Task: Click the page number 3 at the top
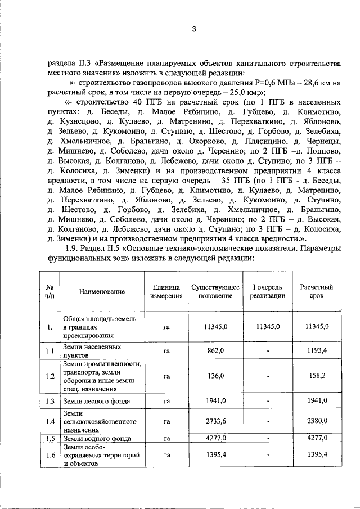pos(193,29)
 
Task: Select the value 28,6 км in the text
pos(316,83)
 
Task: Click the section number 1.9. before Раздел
pos(75,248)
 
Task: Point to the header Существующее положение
pos(215,291)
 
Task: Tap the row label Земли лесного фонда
pos(96,401)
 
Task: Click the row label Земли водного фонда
pos(97,438)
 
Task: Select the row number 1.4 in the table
pos(49,421)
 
